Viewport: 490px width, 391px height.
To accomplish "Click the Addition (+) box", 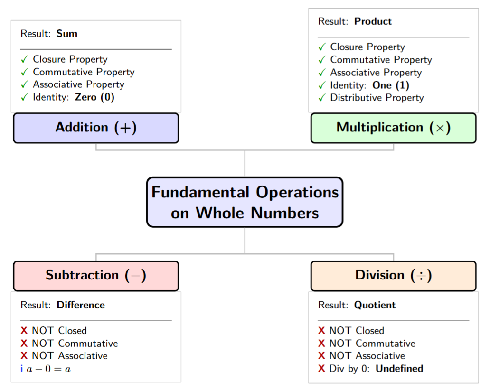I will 96,128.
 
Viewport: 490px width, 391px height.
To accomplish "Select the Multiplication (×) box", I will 393,128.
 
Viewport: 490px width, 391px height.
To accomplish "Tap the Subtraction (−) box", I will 96,276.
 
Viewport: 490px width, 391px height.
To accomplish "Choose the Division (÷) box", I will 393,276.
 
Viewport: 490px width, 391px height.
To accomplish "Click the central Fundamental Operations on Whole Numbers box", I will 245,202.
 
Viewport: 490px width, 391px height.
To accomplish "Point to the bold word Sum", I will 67,34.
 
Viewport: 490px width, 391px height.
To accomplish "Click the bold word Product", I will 373,21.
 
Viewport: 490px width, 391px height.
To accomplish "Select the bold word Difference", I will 81,305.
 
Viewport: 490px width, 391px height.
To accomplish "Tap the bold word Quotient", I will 375,305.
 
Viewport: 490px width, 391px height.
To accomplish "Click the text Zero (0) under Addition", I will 95,97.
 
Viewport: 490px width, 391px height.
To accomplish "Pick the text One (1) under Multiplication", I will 391,85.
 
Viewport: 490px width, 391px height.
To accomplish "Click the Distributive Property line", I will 377,98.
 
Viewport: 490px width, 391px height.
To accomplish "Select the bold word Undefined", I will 399,369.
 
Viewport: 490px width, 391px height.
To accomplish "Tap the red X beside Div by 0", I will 321,369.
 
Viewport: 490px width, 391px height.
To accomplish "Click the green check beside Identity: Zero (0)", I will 24,97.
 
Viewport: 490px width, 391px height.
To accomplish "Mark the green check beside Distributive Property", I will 322,98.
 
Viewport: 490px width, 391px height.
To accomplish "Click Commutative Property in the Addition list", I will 84,72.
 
